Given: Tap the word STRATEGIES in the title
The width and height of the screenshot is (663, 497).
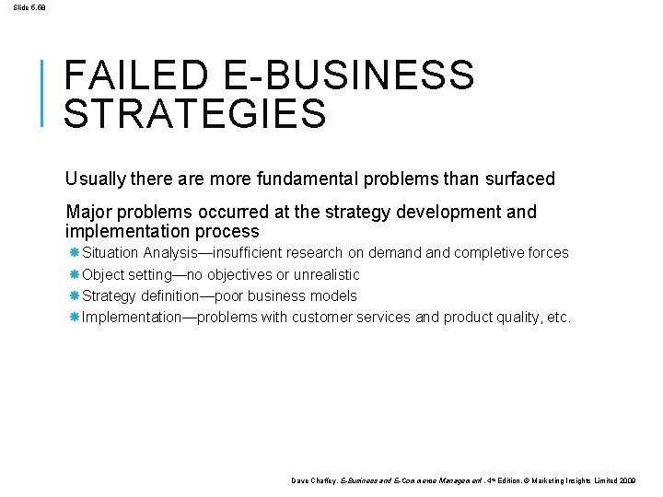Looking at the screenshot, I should tap(195, 114).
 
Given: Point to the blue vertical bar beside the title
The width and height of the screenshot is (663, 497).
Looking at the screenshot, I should tap(43, 91).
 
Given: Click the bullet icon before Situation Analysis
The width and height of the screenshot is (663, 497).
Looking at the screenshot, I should tap(75, 252).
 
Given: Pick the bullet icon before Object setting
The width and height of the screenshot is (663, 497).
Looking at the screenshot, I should tap(75, 274).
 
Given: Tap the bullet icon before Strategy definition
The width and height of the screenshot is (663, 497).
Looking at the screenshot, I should tap(75, 295).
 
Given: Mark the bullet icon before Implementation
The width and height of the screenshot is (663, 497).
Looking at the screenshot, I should tap(75, 318).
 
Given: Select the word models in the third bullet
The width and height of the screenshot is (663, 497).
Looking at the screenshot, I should tap(335, 295).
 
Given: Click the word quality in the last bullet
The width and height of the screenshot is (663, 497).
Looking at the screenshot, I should tap(518, 318).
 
